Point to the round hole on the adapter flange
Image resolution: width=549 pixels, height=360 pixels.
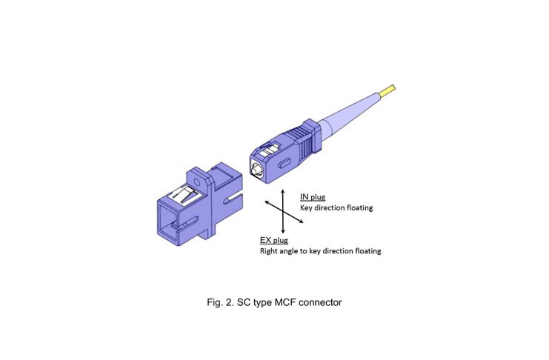coord(197,182)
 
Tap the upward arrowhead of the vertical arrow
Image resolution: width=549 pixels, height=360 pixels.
coord(283,192)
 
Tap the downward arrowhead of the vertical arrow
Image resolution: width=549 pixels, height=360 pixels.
coord(283,231)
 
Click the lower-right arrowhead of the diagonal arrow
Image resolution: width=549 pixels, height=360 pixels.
coord(300,221)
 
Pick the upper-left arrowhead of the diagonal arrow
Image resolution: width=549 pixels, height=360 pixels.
coord(267,202)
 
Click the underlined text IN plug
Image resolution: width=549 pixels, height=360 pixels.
coord(313,197)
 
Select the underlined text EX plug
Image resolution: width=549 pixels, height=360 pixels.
coord(274,240)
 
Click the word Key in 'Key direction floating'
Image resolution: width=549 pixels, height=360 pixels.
coord(306,208)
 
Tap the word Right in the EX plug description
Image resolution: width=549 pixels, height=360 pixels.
coord(269,251)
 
